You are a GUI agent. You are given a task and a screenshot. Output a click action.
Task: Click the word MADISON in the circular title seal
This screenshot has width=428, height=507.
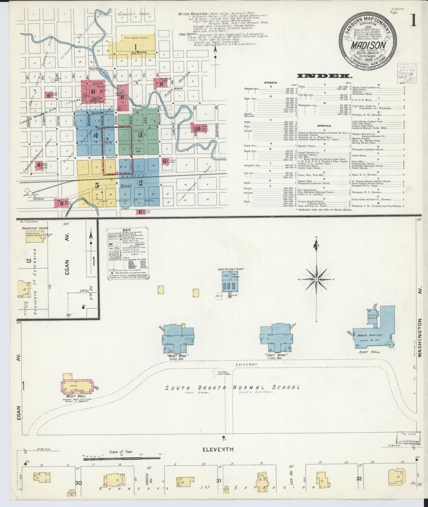(x=369, y=44)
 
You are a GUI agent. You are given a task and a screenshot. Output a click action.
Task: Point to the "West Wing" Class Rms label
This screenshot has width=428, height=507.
(x=178, y=357)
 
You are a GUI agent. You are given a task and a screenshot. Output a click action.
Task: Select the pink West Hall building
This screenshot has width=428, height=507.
(x=77, y=386)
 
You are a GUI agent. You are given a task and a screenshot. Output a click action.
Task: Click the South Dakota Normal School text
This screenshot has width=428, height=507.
(x=232, y=387)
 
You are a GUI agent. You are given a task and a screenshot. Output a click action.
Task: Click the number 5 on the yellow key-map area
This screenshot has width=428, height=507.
(x=97, y=185)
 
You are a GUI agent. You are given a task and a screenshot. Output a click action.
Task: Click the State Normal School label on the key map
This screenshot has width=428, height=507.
(x=136, y=38)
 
